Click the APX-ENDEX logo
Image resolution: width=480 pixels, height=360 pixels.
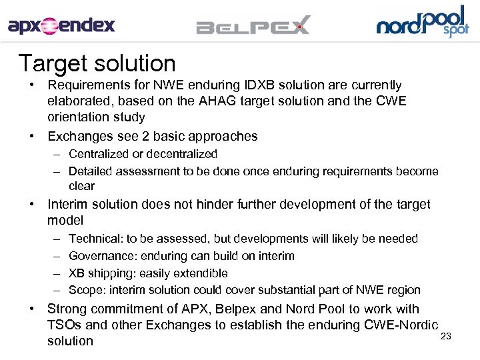[x=61, y=26]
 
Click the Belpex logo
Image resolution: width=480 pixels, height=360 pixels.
[x=253, y=27]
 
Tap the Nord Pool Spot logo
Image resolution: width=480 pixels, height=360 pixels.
[x=422, y=22]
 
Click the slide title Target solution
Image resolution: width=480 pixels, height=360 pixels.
[x=97, y=63]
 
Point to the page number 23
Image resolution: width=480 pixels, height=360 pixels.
[x=446, y=336]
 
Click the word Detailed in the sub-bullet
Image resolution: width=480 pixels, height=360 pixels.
[x=91, y=171]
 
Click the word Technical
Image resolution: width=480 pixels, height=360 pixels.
[x=94, y=239]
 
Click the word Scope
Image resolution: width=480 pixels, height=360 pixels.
[x=85, y=290]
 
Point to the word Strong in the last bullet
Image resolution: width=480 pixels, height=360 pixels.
[x=66, y=309]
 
